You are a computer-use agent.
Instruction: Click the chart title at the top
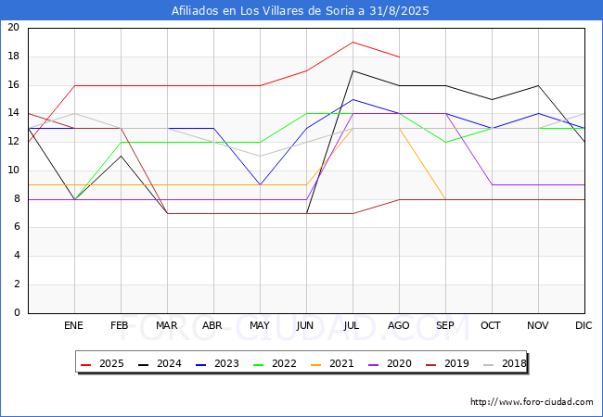tap(301, 11)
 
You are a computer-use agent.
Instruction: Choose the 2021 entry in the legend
tap(330, 364)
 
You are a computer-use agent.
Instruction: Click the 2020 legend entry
tap(388, 364)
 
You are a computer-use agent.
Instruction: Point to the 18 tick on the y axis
tap(13, 57)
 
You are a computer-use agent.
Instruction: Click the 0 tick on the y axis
tap(17, 313)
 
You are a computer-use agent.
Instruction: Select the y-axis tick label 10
tap(13, 171)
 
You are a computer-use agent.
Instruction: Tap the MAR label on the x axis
tap(167, 326)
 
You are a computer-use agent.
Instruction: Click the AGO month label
tap(399, 326)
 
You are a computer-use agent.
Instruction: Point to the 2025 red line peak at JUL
tap(353, 42)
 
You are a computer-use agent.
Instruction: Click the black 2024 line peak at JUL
tap(353, 70)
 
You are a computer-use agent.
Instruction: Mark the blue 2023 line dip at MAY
tap(260, 184)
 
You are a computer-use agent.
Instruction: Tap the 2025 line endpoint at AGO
tap(399, 57)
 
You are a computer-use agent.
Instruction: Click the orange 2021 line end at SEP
tap(445, 199)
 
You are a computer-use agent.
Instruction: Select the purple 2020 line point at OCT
tap(492, 184)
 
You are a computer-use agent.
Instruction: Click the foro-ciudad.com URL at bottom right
tap(532, 402)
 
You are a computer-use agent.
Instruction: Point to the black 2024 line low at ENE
tap(74, 199)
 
